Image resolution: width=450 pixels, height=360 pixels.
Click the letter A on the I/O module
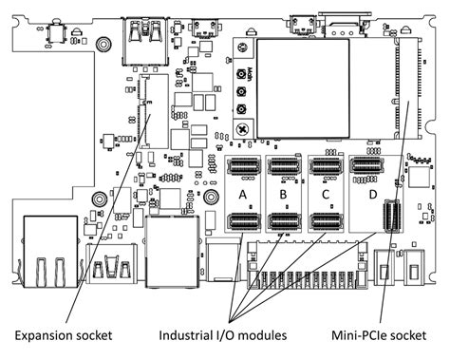pyautogui.click(x=244, y=195)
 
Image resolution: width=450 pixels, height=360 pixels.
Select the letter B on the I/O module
pyautogui.click(x=284, y=195)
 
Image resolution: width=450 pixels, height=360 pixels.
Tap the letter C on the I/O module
pyautogui.click(x=326, y=195)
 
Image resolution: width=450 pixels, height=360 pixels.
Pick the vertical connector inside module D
pyautogui.click(x=389, y=218)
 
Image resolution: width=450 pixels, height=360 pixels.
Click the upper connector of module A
pyautogui.click(x=244, y=168)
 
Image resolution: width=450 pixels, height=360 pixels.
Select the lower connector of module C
pyautogui.click(x=326, y=221)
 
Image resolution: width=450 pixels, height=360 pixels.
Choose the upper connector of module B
pyautogui.click(x=284, y=168)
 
